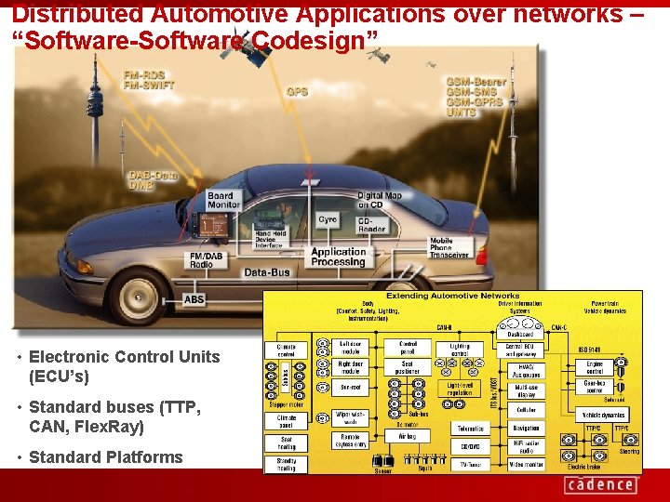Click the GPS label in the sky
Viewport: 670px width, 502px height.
(x=297, y=91)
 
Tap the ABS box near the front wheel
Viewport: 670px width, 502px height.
(x=194, y=299)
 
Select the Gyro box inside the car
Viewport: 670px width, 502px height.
(x=328, y=219)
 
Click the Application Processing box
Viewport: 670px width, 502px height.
(x=338, y=257)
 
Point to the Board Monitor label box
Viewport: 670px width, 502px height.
(x=222, y=200)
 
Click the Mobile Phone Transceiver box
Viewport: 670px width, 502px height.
(x=449, y=246)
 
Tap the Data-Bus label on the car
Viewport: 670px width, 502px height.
(x=268, y=272)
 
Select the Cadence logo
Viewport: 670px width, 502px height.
(x=599, y=484)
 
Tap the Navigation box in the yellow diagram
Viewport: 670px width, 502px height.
(x=526, y=429)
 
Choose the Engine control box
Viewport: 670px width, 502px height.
(x=595, y=366)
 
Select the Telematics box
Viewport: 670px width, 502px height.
(x=469, y=429)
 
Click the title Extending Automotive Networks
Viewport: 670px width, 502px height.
(x=452, y=296)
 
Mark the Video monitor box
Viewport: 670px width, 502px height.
(x=526, y=465)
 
